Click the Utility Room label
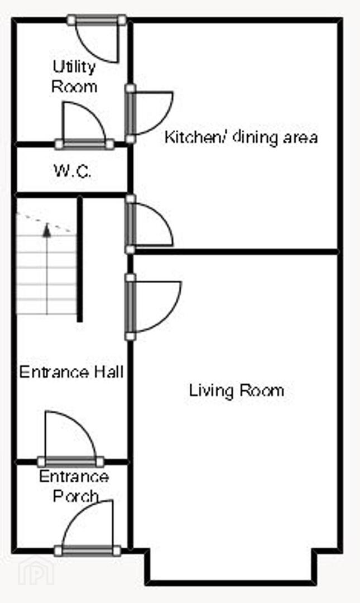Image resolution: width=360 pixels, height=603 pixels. click(74, 76)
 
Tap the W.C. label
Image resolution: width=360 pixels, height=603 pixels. click(73, 171)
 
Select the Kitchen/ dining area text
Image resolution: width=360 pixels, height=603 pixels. click(241, 137)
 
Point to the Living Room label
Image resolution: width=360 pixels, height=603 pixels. click(237, 390)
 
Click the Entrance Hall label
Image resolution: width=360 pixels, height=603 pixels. click(71, 372)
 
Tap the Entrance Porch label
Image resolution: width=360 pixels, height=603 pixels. click(74, 486)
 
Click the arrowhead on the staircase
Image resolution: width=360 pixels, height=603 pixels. click(47, 229)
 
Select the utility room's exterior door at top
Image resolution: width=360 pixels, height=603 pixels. click(97, 39)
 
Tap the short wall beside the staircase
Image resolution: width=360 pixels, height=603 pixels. click(80, 259)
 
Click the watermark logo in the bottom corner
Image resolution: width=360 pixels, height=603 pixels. click(36, 571)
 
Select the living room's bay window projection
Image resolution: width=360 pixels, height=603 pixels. click(231, 567)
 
